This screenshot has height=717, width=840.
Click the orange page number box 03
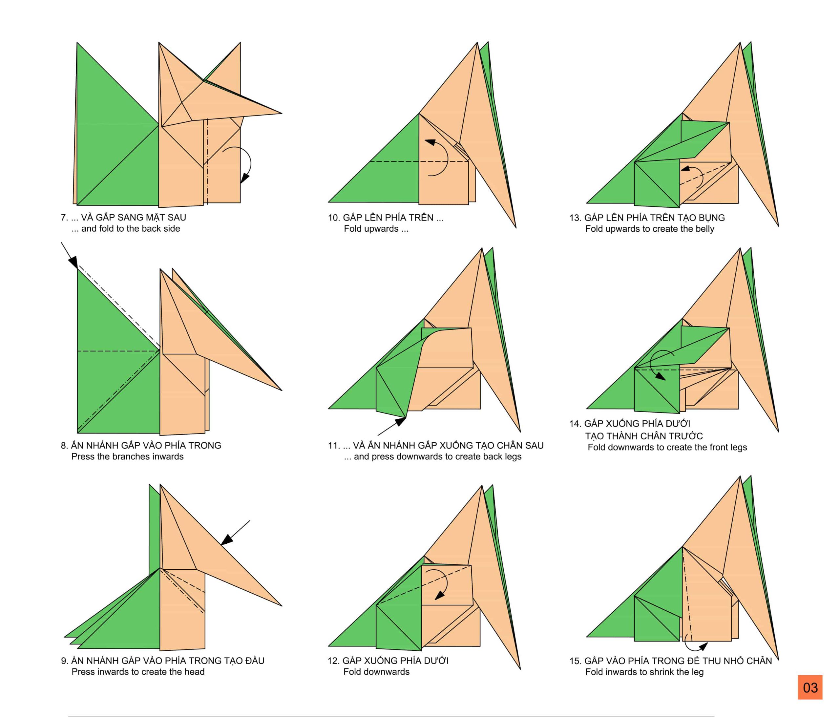tap(810, 687)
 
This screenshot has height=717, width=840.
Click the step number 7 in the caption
tap(64, 218)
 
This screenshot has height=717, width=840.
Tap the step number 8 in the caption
tap(64, 446)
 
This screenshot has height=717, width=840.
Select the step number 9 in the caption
tap(64, 661)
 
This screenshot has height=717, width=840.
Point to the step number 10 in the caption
tap(333, 218)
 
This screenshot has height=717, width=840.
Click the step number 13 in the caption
tap(575, 218)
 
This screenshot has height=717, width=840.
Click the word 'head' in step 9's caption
tap(195, 672)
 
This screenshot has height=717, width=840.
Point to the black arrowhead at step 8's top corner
tap(73, 263)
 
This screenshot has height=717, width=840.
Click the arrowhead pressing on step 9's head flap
tap(227, 540)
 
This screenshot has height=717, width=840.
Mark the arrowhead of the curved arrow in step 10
tap(430, 142)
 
